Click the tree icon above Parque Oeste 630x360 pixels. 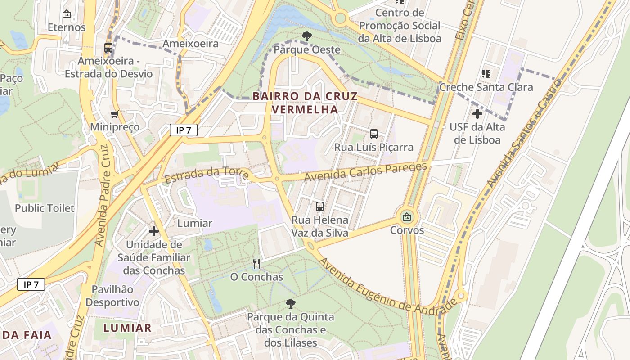coord(306,36)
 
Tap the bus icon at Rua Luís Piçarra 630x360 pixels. coord(374,134)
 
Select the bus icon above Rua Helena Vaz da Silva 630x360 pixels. coord(320,207)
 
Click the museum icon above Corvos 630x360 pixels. coord(407,217)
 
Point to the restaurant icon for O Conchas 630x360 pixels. coord(256,263)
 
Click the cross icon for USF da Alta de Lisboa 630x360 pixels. coord(477,114)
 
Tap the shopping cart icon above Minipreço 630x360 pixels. coord(114,114)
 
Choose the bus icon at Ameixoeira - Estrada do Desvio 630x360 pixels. coord(108,47)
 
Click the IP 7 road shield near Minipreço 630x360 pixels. coord(184,130)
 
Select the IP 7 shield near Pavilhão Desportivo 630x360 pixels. coord(31,284)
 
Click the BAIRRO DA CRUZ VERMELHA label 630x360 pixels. coord(305,103)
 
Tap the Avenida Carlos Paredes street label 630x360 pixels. coord(365,172)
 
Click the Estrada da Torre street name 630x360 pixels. coord(207,175)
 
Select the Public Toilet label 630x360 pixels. coord(45,208)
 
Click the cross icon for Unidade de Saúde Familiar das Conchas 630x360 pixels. coord(154,231)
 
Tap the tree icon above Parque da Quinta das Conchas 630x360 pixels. coord(291,304)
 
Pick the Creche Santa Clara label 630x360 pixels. coord(486,87)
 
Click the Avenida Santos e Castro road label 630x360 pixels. coord(524,134)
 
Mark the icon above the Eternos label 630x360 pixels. coord(67,14)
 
